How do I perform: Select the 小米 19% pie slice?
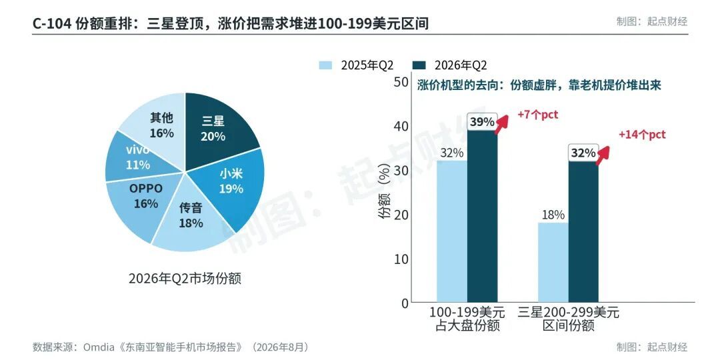tap(229, 184)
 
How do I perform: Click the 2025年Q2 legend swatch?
tap(325, 65)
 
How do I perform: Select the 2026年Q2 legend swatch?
tap(420, 65)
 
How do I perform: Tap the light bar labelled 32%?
tap(452, 231)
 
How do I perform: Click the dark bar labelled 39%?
tap(483, 216)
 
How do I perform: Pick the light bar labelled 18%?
tap(553, 263)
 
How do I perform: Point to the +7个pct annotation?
tap(537, 115)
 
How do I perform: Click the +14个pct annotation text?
tap(642, 135)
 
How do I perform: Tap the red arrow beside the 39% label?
tap(502, 124)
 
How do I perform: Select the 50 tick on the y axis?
tap(401, 82)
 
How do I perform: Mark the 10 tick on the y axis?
tap(401, 259)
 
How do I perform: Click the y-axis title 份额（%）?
tap(384, 193)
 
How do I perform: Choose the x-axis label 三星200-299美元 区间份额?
tap(569, 319)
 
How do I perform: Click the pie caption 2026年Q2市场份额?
tap(185, 278)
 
